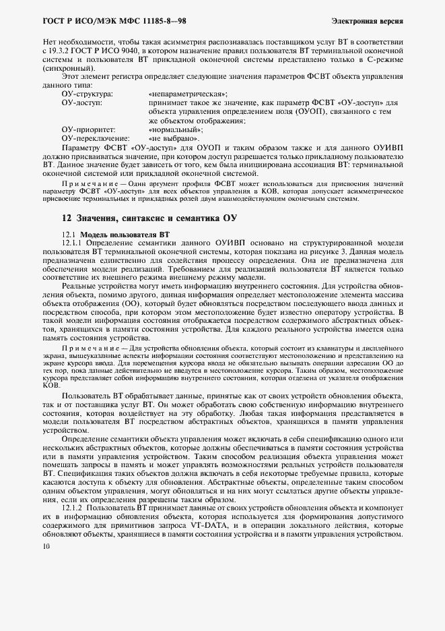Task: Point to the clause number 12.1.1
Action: click(x=72, y=242)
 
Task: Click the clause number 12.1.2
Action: click(x=73, y=506)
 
